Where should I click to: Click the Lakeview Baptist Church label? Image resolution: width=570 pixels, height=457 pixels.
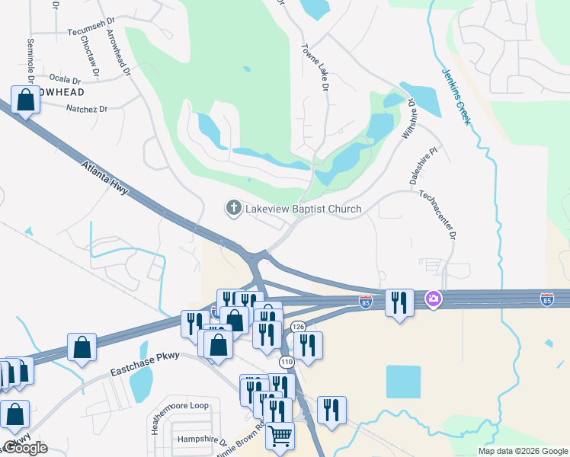303,208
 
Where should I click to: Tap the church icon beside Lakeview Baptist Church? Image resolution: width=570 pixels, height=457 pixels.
234,207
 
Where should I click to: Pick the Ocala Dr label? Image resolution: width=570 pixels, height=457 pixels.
65,78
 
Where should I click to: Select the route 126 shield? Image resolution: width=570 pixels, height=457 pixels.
297,327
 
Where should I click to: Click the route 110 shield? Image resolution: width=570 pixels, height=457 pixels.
287,361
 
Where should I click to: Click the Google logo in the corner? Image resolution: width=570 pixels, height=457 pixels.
26,449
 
